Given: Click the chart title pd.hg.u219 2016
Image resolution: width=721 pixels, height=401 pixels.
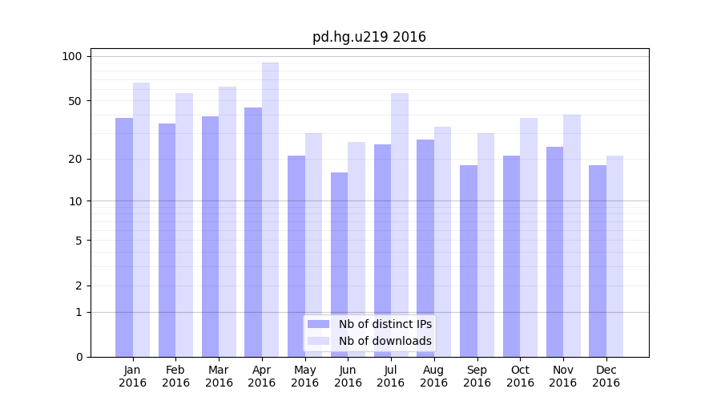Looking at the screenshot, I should [369, 37].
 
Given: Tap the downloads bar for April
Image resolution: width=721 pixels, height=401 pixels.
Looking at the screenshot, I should [271, 209].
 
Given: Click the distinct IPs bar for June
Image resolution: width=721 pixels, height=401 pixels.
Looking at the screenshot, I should [340, 265].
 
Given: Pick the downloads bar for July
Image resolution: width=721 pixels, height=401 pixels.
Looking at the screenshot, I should [400, 225].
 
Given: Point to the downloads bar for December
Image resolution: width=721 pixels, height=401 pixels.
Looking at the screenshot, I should [614, 257].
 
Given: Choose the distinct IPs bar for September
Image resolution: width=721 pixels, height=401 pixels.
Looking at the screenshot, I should [469, 261].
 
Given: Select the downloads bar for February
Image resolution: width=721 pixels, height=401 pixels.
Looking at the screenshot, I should [184, 225].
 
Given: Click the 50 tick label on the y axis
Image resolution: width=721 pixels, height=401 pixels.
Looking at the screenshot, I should [75, 101].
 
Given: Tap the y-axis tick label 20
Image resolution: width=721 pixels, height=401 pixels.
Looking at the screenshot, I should [75, 159].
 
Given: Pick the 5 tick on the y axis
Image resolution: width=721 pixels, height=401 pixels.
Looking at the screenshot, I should [79, 240].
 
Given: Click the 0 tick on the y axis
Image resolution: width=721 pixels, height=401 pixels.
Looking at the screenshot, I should [79, 357].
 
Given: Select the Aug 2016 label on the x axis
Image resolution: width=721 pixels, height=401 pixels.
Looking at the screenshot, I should [434, 376].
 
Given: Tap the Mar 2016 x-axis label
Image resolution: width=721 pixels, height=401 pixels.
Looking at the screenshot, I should [219, 376].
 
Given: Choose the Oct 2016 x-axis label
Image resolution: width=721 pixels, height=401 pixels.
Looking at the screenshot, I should [520, 376].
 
